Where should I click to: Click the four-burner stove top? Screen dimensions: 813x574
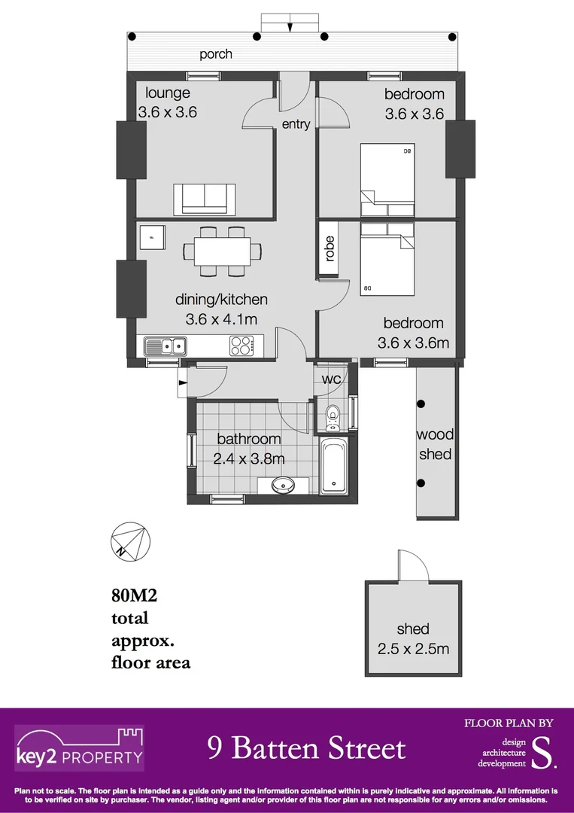tap(241, 346)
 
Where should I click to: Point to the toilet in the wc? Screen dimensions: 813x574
tap(333, 416)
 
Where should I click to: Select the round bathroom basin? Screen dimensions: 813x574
tap(283, 484)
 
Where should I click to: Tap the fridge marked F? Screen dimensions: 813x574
tap(151, 238)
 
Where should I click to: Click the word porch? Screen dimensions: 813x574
tap(216, 54)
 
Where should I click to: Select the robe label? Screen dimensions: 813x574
tap(330, 249)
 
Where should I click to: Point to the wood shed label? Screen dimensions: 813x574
tap(436, 444)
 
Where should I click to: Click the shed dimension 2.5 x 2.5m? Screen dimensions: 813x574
tap(413, 648)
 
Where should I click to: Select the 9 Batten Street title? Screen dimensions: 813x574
tap(306, 748)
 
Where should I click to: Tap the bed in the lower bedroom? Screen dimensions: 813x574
tap(387, 258)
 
